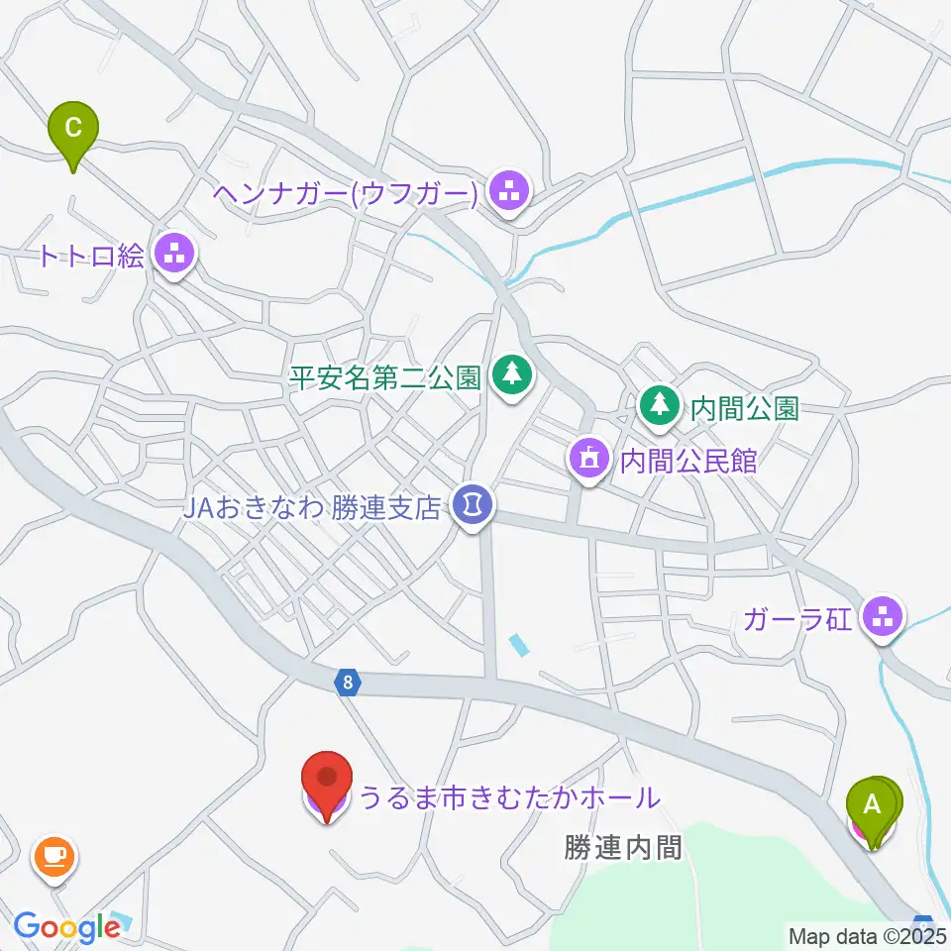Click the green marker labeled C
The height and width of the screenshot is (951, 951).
(74, 130)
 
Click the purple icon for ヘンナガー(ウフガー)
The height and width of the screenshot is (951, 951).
(511, 193)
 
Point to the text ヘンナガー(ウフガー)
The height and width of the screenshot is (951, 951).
(346, 193)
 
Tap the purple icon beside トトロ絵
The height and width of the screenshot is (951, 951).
(176, 256)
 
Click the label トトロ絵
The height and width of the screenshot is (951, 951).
(91, 257)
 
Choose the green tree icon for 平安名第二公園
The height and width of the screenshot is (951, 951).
(511, 375)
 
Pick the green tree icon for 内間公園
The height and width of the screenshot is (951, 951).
(658, 405)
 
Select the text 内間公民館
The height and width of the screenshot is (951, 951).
(687, 461)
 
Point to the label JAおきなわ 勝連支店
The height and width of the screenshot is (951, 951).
(310, 508)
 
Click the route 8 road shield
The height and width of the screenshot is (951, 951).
(347, 683)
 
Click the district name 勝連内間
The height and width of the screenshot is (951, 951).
(623, 847)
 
